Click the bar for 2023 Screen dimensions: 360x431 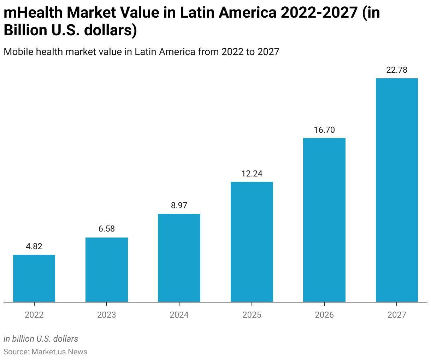click(x=107, y=270)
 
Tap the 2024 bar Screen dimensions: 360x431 click(x=179, y=258)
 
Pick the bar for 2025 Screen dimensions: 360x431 click(x=252, y=242)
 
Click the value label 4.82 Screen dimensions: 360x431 click(x=34, y=246)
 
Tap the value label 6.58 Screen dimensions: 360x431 click(x=107, y=229)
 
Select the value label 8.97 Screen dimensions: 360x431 click(x=179, y=205)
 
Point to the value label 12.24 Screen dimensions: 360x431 click(x=252, y=174)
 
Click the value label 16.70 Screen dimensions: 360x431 click(x=324, y=130)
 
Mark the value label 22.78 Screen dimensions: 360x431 click(x=397, y=70)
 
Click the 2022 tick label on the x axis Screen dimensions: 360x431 click(x=34, y=314)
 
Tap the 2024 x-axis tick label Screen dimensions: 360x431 click(x=179, y=314)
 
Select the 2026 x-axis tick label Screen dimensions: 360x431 click(x=324, y=314)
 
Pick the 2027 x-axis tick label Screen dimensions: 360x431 click(x=397, y=314)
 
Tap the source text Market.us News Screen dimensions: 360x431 click(x=59, y=352)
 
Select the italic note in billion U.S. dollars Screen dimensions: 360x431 click(x=41, y=339)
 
